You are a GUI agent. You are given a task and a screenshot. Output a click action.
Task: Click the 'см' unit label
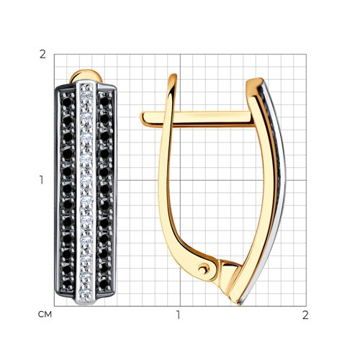pos(45,315)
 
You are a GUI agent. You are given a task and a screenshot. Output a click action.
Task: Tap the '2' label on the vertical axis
pos(42,55)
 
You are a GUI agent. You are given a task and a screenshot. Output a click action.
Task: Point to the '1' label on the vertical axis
pos(42,180)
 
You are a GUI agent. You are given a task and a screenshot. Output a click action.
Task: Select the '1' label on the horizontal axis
pos(178,315)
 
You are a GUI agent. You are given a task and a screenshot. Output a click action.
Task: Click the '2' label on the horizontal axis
pos(305,315)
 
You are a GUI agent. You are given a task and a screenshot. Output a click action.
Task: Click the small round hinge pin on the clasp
pos(204,269)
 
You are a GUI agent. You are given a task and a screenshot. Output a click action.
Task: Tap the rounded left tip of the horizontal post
pos(144,119)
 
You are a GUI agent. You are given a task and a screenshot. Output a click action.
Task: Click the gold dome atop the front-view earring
pos(86,76)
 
